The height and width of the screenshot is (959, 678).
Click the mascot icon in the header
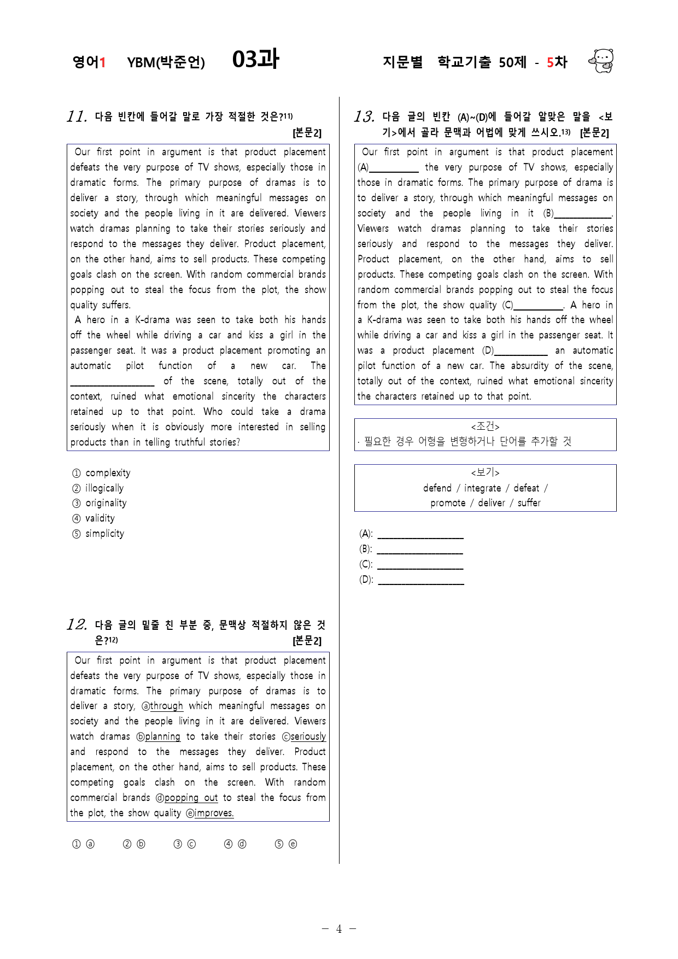[601, 61]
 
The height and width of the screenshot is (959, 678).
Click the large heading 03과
[255, 60]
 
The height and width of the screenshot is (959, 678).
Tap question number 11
[77, 116]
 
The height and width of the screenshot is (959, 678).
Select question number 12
[77, 624]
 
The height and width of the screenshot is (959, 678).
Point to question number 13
[364, 116]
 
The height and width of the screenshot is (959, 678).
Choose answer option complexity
[108, 473]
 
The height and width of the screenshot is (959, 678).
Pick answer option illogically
[104, 488]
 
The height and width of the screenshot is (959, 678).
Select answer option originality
[106, 503]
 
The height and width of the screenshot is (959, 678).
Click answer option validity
[100, 518]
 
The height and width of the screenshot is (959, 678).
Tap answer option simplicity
[104, 534]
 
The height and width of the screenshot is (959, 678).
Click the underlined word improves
[214, 813]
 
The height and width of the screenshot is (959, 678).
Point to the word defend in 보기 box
[437, 488]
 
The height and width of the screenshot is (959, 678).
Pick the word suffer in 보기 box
[529, 503]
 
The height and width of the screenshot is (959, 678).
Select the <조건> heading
[485, 426]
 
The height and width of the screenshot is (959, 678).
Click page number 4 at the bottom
[339, 929]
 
